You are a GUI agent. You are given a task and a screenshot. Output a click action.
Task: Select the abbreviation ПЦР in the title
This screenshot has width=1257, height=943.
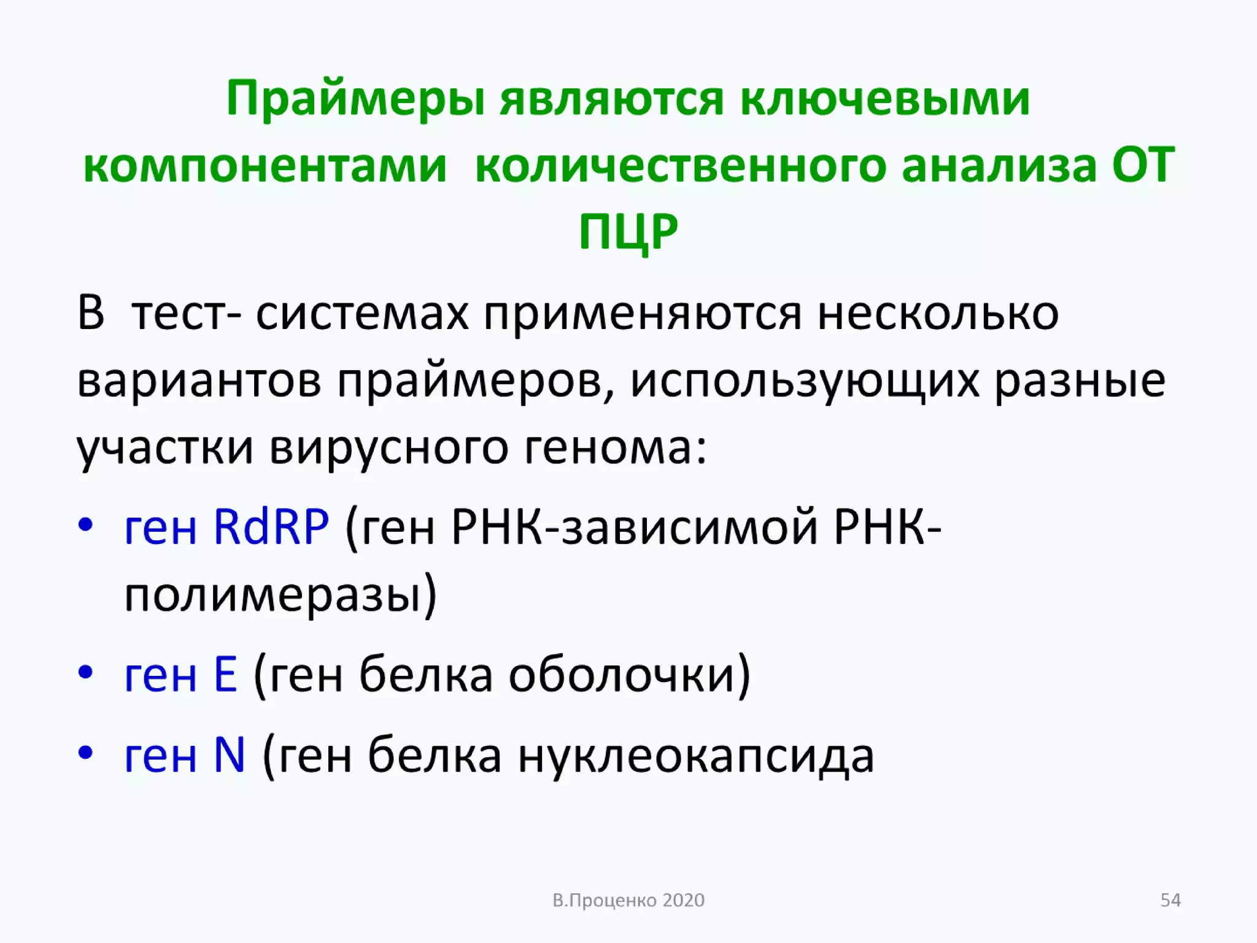point(628,232)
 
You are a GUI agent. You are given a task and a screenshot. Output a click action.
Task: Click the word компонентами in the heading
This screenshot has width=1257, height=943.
point(265,166)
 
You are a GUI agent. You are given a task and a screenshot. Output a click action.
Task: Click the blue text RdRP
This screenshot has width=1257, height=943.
point(271,527)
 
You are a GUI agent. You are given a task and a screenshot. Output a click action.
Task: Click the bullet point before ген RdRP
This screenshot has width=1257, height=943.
point(85,525)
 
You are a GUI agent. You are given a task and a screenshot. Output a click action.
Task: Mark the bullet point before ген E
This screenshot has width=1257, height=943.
point(85,672)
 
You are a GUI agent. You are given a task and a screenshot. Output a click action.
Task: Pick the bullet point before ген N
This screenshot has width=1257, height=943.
point(85,752)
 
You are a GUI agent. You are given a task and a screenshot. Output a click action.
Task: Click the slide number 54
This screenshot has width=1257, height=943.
point(1170,900)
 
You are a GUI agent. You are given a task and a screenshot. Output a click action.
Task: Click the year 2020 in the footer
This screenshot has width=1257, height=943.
point(684,901)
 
